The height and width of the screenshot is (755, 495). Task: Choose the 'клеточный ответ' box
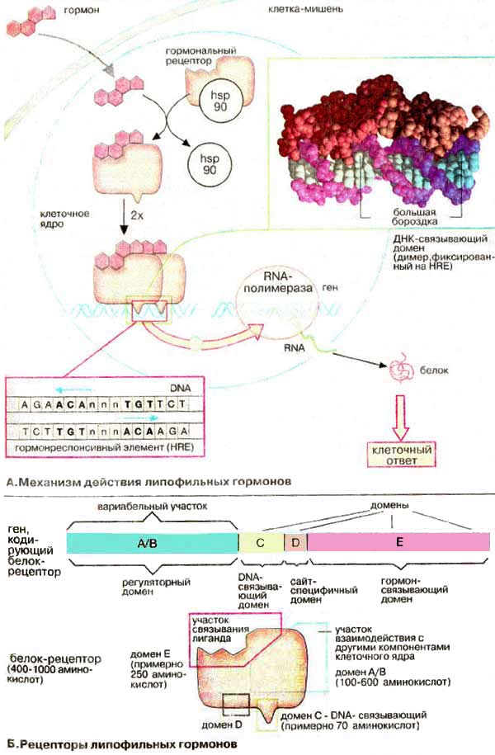(x=403, y=455)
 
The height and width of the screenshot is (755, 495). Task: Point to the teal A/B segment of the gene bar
(x=151, y=542)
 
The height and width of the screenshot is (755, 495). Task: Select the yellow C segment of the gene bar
(x=260, y=542)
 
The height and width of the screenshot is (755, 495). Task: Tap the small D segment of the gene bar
(x=295, y=542)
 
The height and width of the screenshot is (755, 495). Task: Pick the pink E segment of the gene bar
(x=398, y=542)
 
